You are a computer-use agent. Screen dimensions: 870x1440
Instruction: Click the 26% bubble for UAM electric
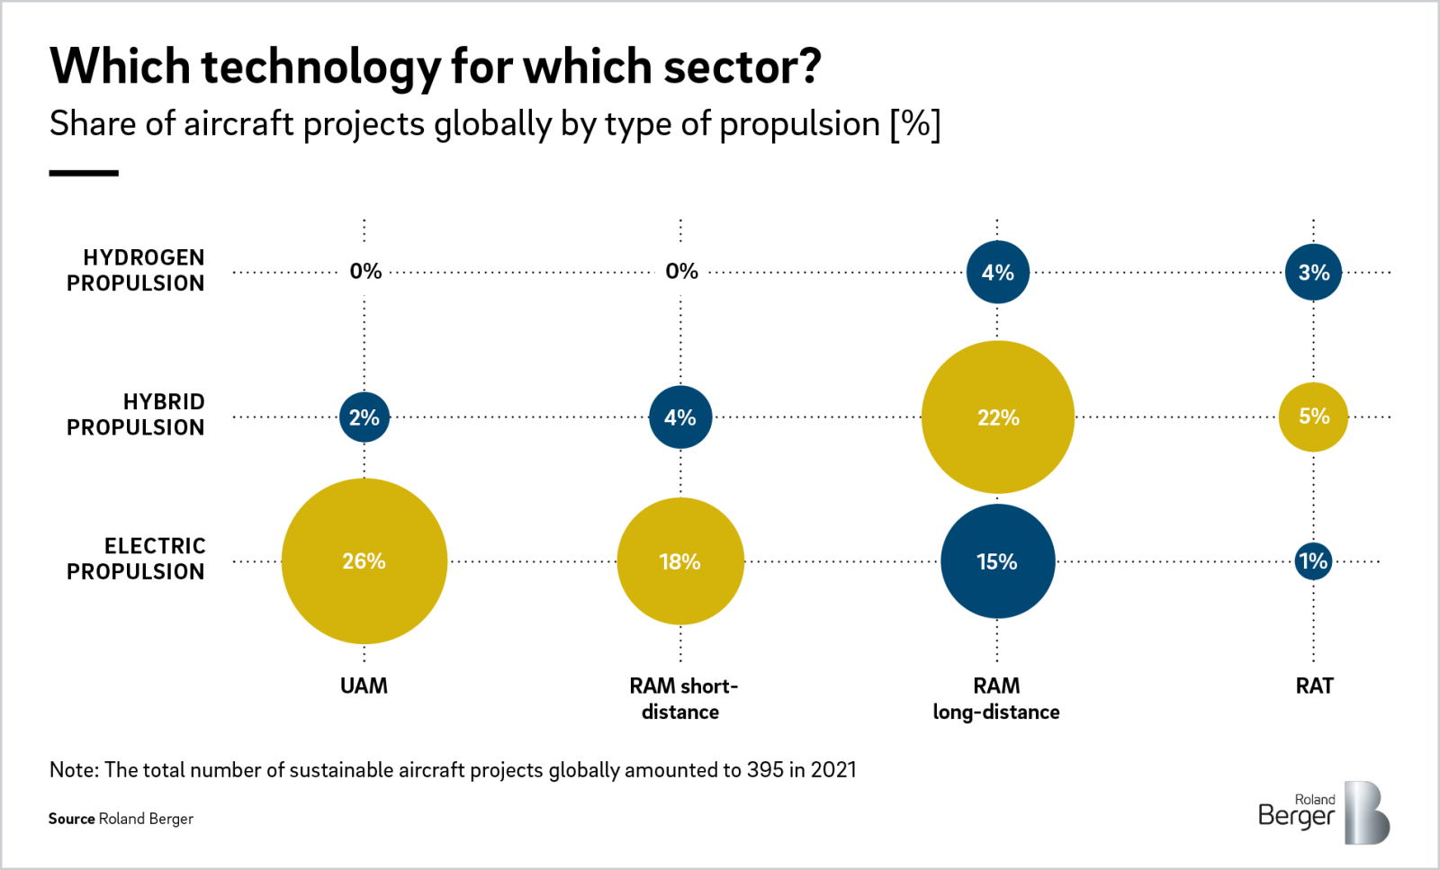pyautogui.click(x=364, y=561)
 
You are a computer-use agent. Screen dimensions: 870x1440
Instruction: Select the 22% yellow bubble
pyautogui.click(x=997, y=417)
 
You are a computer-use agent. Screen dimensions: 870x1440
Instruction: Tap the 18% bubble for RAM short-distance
pyautogui.click(x=680, y=561)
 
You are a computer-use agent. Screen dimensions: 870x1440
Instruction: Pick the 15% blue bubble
pyautogui.click(x=997, y=561)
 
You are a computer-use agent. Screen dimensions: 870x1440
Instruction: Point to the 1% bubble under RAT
pyautogui.click(x=1313, y=561)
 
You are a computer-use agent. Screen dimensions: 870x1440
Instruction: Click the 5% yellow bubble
pyautogui.click(x=1313, y=417)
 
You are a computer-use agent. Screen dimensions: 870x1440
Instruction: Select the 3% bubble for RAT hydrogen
pyautogui.click(x=1313, y=272)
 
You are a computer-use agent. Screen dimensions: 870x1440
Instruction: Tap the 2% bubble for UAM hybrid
pyautogui.click(x=364, y=417)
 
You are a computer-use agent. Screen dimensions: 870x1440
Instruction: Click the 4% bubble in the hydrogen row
pyautogui.click(x=997, y=272)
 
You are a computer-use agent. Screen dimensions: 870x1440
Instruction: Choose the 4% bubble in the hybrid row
pyautogui.click(x=680, y=417)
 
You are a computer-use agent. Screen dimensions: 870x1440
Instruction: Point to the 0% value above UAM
pyautogui.click(x=365, y=271)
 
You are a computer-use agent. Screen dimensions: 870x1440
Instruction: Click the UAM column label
pyautogui.click(x=364, y=686)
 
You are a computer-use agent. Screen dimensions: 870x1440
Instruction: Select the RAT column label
pyautogui.click(x=1314, y=686)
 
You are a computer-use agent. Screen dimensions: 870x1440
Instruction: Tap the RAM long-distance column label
pyautogui.click(x=996, y=699)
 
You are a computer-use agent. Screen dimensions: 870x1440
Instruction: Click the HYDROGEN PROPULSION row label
pyautogui.click(x=136, y=270)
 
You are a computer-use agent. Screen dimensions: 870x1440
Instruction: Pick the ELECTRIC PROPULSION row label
pyautogui.click(x=136, y=559)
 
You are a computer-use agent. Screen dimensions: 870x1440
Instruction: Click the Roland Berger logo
pyautogui.click(x=1323, y=812)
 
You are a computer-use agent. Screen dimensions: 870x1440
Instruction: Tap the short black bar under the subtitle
pyautogui.click(x=84, y=173)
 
